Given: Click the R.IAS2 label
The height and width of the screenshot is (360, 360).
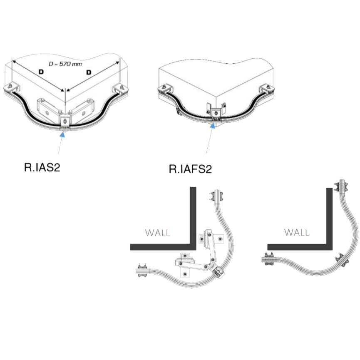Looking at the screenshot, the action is click(x=42, y=167).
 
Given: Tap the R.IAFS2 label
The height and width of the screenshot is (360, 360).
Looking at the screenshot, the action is click(x=190, y=169).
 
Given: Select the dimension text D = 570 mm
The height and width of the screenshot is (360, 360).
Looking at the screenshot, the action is click(x=65, y=64).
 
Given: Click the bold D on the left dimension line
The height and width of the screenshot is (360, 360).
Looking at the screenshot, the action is click(x=41, y=72).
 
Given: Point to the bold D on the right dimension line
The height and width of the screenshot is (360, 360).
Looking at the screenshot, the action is click(x=89, y=72).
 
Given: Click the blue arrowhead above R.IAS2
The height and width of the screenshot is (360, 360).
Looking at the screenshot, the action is click(x=62, y=134).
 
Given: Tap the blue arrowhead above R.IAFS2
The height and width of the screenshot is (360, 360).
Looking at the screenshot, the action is click(x=213, y=125).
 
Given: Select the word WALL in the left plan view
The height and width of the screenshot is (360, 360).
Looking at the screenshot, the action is click(x=157, y=233).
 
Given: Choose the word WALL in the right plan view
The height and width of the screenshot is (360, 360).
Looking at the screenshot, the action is click(x=297, y=232).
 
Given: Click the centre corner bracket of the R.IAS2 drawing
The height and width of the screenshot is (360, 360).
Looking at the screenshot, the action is click(x=65, y=121).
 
